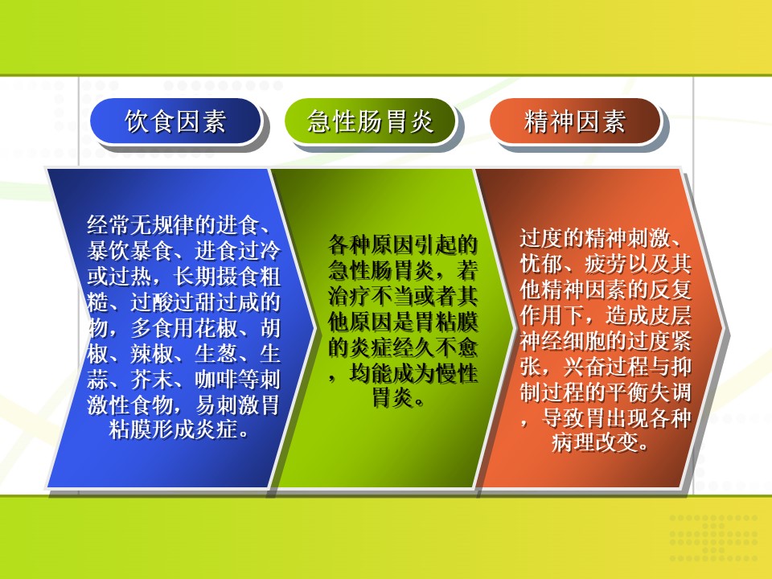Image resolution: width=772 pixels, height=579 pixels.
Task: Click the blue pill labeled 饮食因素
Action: pos(175,121)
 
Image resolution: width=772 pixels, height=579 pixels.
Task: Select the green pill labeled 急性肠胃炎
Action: pos(370,121)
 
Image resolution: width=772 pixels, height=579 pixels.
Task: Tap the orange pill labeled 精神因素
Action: pos(574,121)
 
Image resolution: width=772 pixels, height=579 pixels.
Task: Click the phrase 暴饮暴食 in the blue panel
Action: pos(129,251)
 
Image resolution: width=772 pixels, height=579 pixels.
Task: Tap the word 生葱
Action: pos(216,354)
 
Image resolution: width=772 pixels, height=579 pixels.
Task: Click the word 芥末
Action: pos(152,379)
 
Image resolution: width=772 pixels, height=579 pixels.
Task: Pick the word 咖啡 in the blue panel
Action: pos(216,379)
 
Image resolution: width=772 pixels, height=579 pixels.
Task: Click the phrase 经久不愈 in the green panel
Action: pos(435,347)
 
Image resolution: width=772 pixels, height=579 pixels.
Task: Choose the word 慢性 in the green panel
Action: pos(457,373)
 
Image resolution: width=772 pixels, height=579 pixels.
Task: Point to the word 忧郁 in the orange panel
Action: pos(541,264)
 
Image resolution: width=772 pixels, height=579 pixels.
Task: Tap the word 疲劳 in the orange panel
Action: pos(606,264)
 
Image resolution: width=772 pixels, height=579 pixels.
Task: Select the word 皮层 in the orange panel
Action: pos(671,315)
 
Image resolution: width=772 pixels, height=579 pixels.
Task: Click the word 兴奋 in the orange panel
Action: pos(585,367)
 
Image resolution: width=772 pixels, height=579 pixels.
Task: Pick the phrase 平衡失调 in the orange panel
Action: pos(649,392)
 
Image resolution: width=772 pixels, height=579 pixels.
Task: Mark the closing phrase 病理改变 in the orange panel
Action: pos(595,443)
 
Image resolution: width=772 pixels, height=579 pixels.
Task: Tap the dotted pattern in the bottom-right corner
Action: pos(713,537)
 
